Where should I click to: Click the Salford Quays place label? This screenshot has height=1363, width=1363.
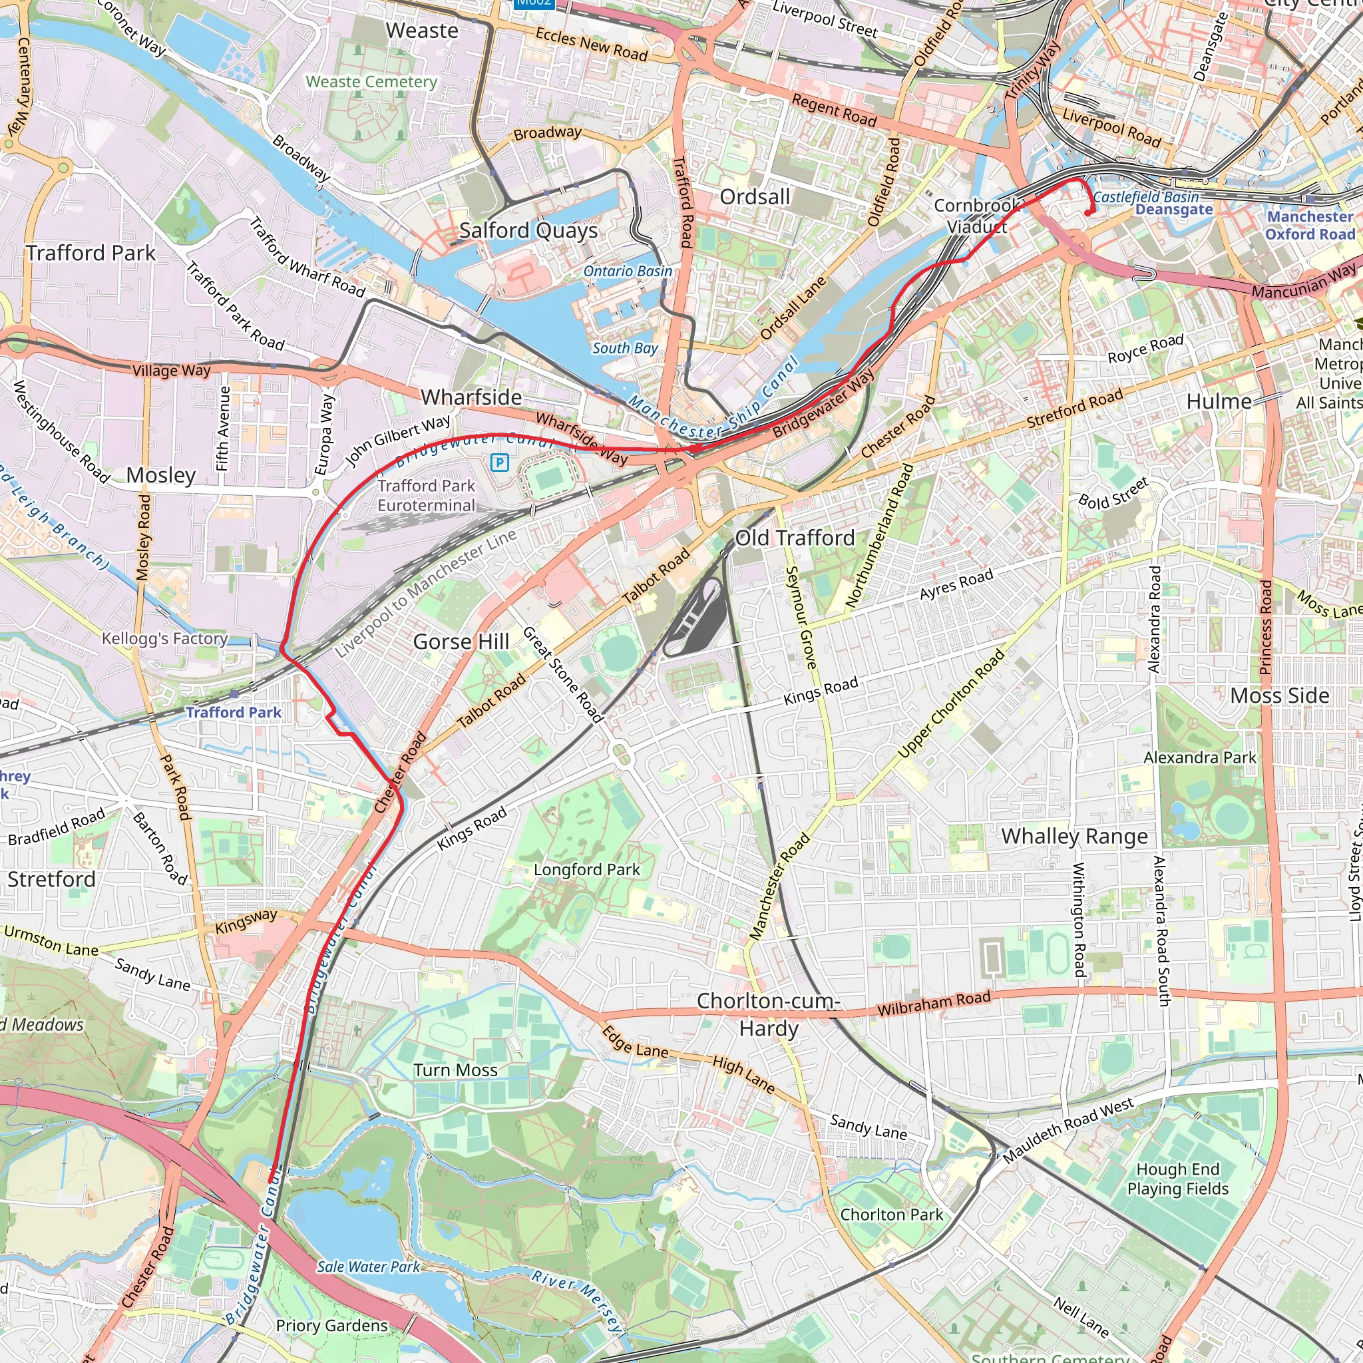point(528,231)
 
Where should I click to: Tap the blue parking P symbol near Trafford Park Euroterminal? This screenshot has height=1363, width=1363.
point(500,463)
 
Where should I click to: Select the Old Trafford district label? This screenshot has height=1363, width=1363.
point(795,538)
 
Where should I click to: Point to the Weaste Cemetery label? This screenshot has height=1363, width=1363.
point(371,82)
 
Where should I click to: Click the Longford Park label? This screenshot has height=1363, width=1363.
point(586,870)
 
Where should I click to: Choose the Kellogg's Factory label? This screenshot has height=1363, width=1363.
point(164,638)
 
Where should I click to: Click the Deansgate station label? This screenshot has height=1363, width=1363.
point(1174,210)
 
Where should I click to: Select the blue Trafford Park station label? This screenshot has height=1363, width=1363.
point(234,713)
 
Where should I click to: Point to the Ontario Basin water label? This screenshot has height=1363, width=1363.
point(627,272)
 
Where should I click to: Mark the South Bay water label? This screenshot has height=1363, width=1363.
point(624,348)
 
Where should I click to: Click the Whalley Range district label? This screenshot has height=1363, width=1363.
point(1074,837)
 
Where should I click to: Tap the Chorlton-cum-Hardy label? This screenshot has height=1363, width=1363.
point(768,1014)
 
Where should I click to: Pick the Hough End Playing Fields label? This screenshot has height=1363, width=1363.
point(1177,1179)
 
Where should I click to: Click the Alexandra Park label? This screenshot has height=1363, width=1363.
point(1199,757)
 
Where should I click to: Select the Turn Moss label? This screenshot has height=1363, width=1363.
point(456,1070)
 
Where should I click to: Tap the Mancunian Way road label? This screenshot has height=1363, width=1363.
point(1303,282)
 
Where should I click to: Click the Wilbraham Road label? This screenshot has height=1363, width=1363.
point(933,1004)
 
